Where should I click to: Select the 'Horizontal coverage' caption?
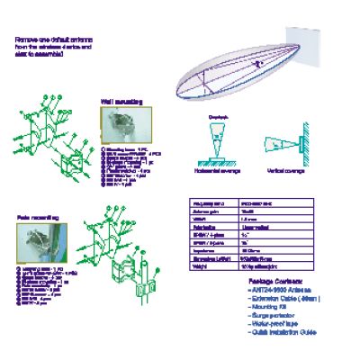pyautogui.click(x=216, y=169)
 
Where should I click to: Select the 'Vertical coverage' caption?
pyautogui.click(x=288, y=169)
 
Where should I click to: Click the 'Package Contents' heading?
pyautogui.click(x=277, y=281)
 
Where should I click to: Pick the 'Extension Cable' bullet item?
pyautogui.click(x=282, y=298)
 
